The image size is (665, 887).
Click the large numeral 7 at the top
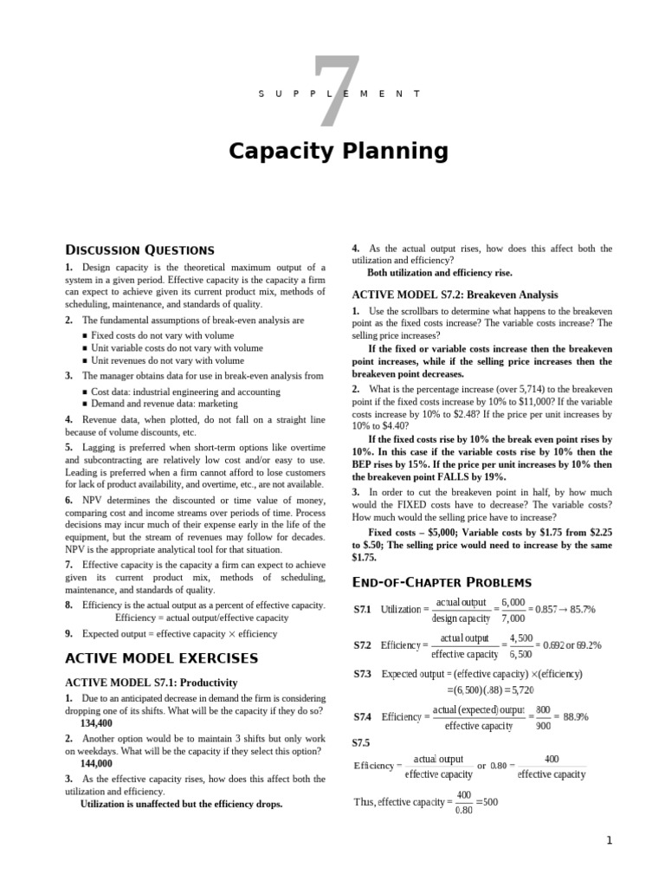tap(332, 91)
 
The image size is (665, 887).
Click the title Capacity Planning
tap(339, 152)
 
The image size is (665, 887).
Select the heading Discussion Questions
tap(139, 249)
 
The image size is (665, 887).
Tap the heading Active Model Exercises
tap(161, 658)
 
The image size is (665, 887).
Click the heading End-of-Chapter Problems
tap(441, 581)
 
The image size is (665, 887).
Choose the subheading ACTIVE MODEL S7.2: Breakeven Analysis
tap(455, 295)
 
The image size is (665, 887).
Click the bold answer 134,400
tap(96, 722)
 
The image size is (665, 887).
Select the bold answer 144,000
tap(96, 763)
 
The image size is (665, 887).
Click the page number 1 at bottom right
tap(609, 840)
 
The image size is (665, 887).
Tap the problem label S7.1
tap(362, 610)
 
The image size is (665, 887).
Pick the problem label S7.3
tap(362, 673)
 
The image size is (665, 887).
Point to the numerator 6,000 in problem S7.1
tap(512, 602)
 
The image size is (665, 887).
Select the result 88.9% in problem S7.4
tap(576, 716)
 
